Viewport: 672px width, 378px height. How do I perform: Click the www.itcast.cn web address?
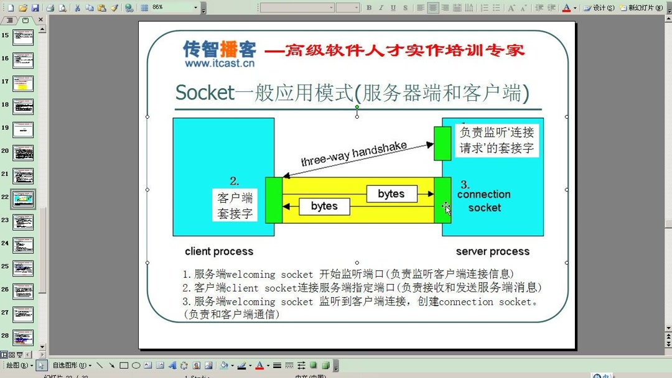pos(219,63)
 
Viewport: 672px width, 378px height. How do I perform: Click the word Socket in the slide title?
pos(205,93)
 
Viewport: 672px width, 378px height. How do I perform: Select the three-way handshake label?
pos(353,153)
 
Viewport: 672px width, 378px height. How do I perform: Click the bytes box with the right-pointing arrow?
pos(391,194)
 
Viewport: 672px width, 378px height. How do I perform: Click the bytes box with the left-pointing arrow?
pos(324,206)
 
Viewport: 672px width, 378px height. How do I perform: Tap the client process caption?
pos(219,252)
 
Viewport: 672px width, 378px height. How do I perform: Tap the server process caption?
pos(492,252)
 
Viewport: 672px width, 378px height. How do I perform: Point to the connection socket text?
pos(484,201)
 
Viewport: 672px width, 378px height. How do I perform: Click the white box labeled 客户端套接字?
pos(235,206)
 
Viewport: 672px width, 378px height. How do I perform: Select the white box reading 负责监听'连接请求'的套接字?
pos(497,141)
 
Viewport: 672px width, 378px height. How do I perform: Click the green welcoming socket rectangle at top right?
pos(442,143)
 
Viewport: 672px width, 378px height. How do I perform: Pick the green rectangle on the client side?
pos(274,200)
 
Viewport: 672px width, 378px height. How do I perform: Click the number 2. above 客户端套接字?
pos(234,182)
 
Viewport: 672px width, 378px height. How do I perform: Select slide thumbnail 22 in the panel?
pos(23,199)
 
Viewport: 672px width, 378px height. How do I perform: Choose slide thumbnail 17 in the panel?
pos(23,83)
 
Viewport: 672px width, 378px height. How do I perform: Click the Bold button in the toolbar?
pos(369,8)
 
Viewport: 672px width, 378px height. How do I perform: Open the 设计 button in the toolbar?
pos(599,8)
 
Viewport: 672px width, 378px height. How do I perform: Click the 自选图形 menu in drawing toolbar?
pos(71,366)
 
